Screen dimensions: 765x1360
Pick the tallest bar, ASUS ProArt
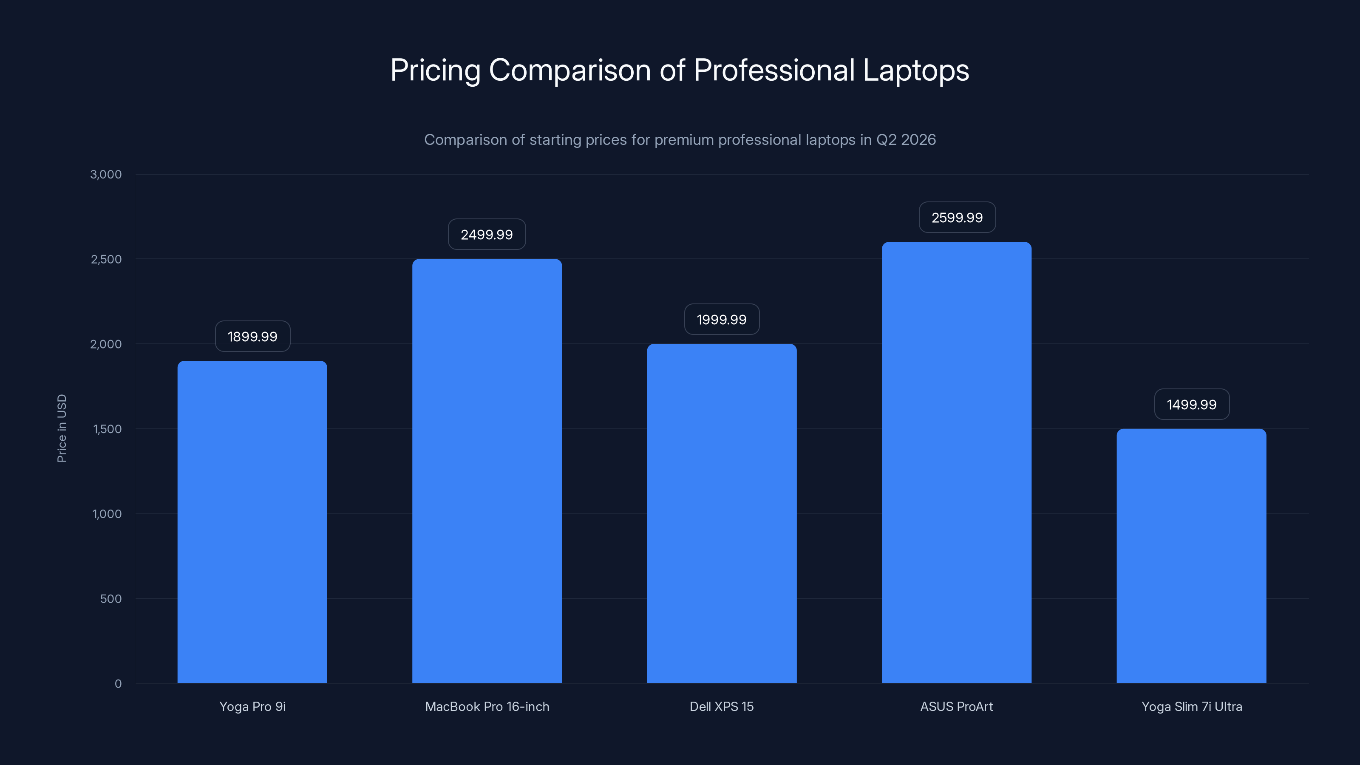956,462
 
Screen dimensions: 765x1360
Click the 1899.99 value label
252,336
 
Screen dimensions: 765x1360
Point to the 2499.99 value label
487,235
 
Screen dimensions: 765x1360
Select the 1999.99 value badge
722,320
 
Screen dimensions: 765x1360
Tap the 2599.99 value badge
957,218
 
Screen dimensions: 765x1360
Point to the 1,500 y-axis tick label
107,429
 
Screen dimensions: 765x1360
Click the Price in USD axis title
62,428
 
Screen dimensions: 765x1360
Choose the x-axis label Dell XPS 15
722,706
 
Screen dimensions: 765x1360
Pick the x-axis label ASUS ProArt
956,706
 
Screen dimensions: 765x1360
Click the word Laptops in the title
915,70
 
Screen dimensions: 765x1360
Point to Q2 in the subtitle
886,140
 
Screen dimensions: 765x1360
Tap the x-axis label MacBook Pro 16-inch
487,706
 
